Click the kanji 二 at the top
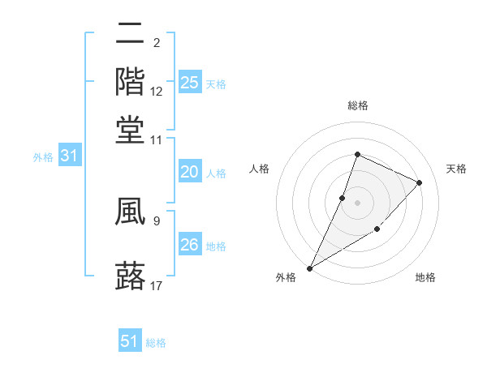coord(130,36)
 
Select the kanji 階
coord(130,82)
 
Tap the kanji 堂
coord(130,130)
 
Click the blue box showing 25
coord(190,83)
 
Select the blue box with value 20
coord(189,172)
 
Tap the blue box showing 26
coord(189,245)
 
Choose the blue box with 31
coord(70,156)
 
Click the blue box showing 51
coord(130,341)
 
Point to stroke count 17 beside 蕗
coord(157,285)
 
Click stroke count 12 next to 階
coord(157,92)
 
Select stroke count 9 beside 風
coord(156,220)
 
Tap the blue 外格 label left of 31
coord(43,157)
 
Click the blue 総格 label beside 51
coord(156,343)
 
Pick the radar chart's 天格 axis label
coord(456,169)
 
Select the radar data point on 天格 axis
coord(420,182)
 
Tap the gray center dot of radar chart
coord(357,203)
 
